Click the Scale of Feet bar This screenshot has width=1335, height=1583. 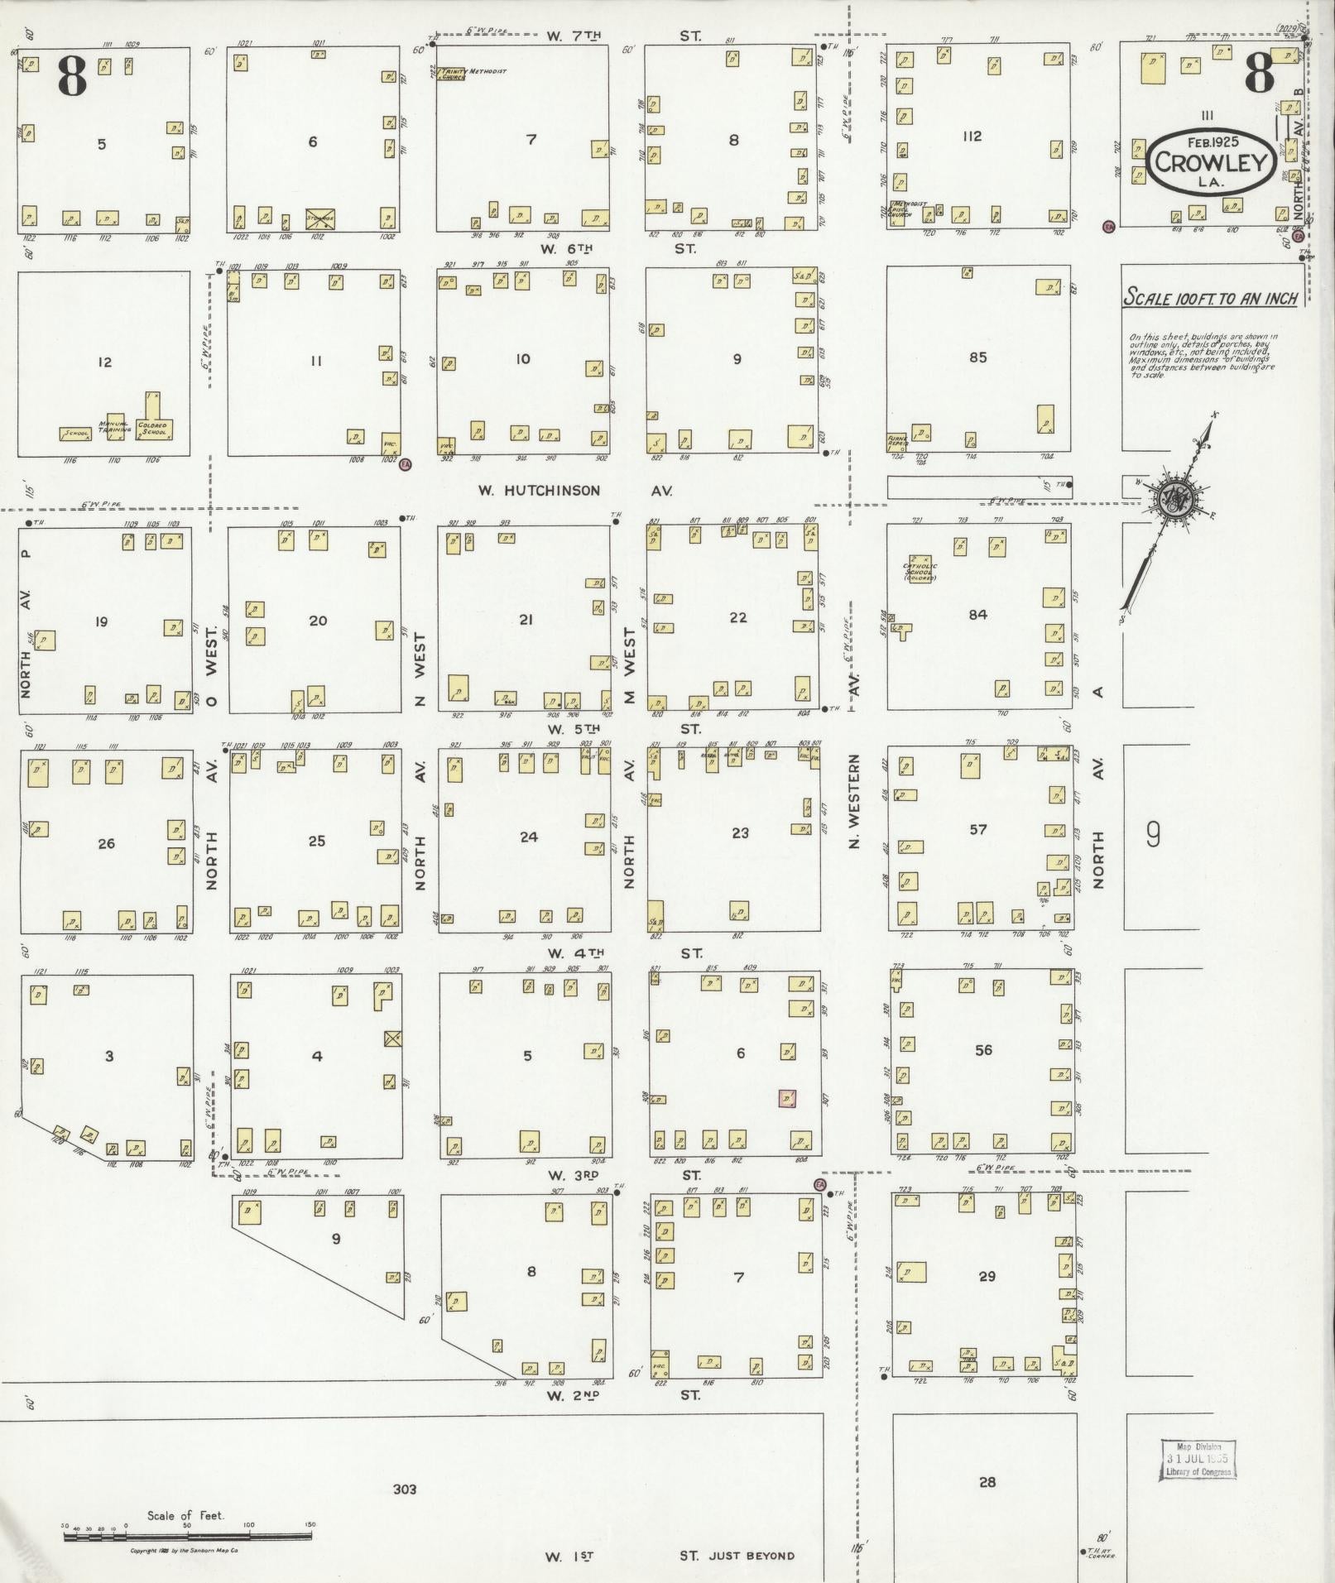pyautogui.click(x=187, y=1537)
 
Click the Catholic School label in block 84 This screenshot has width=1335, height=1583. pyautogui.click(x=920, y=571)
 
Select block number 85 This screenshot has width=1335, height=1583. pyautogui.click(x=977, y=357)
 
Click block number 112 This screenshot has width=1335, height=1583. pyautogui.click(x=972, y=136)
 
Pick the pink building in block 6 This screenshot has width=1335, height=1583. pyautogui.click(x=787, y=1098)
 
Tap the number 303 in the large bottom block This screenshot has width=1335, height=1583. pyautogui.click(x=405, y=1489)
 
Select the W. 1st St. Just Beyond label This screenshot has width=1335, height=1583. pyautogui.click(x=669, y=1556)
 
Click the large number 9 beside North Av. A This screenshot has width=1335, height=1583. pyautogui.click(x=1153, y=835)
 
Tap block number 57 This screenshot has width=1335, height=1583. pyautogui.click(x=977, y=829)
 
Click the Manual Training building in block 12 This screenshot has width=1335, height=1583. pyautogui.click(x=116, y=426)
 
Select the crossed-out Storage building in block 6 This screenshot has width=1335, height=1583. pyautogui.click(x=320, y=219)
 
